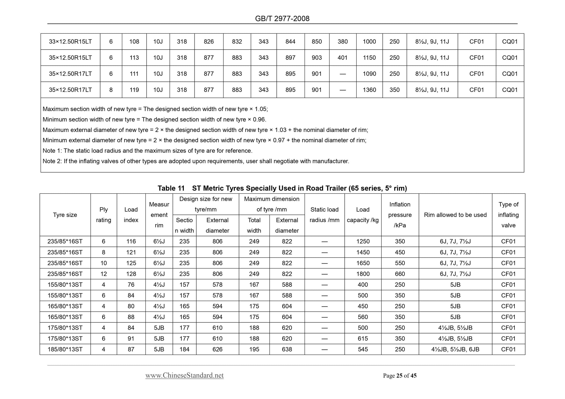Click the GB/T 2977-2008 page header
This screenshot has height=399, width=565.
(282, 19)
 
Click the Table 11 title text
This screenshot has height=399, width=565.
(282, 188)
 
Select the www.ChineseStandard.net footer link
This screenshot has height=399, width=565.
(184, 376)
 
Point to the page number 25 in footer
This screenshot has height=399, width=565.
(399, 376)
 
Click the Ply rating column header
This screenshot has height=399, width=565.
(103, 215)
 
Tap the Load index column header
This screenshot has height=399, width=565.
(131, 215)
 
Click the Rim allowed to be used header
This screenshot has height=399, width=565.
(455, 215)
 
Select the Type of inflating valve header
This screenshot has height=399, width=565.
(508, 215)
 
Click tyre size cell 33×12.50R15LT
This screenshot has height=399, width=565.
(70, 41)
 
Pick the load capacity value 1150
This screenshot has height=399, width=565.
(369, 58)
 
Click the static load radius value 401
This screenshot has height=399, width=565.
(343, 58)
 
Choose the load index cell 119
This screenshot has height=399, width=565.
(134, 90)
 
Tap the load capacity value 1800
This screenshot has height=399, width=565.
(363, 274)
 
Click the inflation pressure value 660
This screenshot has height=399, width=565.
(400, 274)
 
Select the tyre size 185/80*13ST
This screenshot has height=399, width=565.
(65, 349)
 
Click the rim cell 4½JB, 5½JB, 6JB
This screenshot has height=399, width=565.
(455, 349)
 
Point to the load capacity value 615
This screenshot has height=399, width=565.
(363, 339)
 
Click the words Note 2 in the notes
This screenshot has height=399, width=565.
(51, 161)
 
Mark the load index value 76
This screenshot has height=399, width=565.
(131, 285)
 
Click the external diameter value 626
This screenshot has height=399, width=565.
(217, 349)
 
